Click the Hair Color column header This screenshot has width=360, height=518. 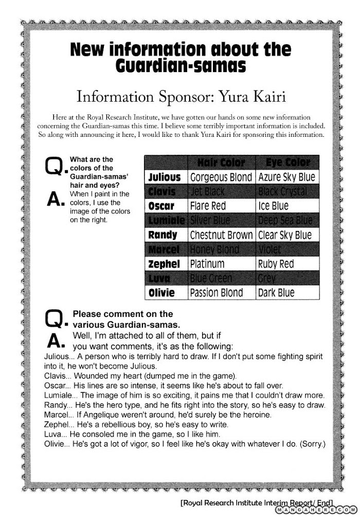point(222,163)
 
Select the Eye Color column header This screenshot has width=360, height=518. point(287,163)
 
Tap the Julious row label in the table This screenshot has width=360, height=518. point(164,177)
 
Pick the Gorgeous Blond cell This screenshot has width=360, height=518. point(222,177)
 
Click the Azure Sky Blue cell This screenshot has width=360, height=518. point(286,177)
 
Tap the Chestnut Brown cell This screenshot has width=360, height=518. point(222,235)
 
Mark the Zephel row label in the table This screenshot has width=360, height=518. point(164,264)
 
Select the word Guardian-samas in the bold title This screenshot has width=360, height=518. point(180,67)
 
